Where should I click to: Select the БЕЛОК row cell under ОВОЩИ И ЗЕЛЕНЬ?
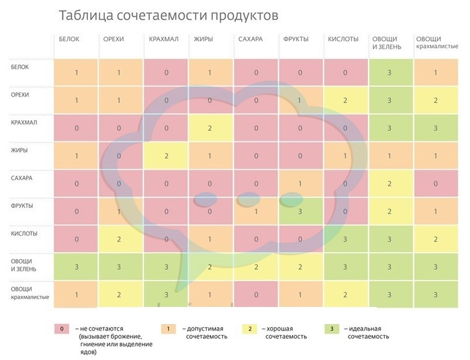[x=389, y=72]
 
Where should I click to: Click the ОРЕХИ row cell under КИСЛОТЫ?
[x=344, y=100]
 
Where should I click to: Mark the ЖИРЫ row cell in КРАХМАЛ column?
[x=166, y=156]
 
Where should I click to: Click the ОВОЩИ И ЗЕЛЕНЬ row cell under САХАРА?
[x=255, y=266]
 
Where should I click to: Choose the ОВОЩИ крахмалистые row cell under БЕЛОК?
[x=76, y=293]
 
